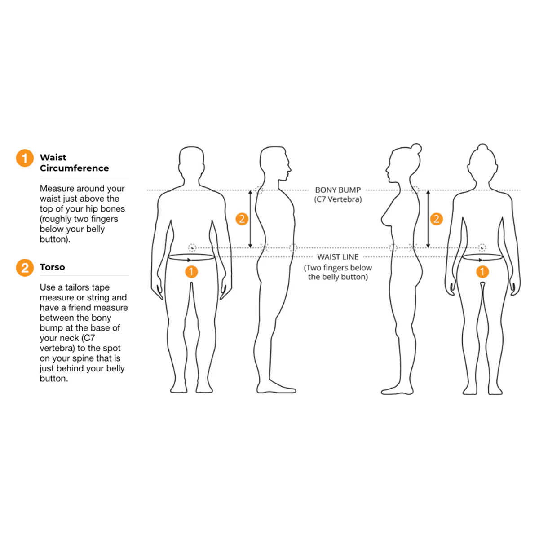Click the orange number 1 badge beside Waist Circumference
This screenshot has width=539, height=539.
(x=25, y=158)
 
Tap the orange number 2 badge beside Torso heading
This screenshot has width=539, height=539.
(x=25, y=268)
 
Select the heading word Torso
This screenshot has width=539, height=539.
(x=52, y=267)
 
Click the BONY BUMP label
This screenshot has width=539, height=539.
(x=338, y=190)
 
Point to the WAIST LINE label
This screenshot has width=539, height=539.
(x=338, y=257)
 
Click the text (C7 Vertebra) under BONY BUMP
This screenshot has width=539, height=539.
(x=338, y=199)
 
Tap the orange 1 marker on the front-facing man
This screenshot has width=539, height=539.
(x=191, y=271)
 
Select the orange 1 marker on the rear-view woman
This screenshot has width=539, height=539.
(x=482, y=271)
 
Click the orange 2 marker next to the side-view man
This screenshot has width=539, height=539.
(x=242, y=219)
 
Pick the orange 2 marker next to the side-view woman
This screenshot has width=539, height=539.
(x=436, y=219)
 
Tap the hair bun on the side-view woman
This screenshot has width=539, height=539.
(x=416, y=149)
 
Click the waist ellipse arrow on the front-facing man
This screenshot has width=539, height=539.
(x=192, y=257)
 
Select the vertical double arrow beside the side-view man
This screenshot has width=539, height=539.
(x=251, y=219)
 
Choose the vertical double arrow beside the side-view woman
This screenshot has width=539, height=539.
(x=428, y=219)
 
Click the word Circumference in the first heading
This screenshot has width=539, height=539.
(x=74, y=168)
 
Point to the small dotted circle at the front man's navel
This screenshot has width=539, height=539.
(x=192, y=247)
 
